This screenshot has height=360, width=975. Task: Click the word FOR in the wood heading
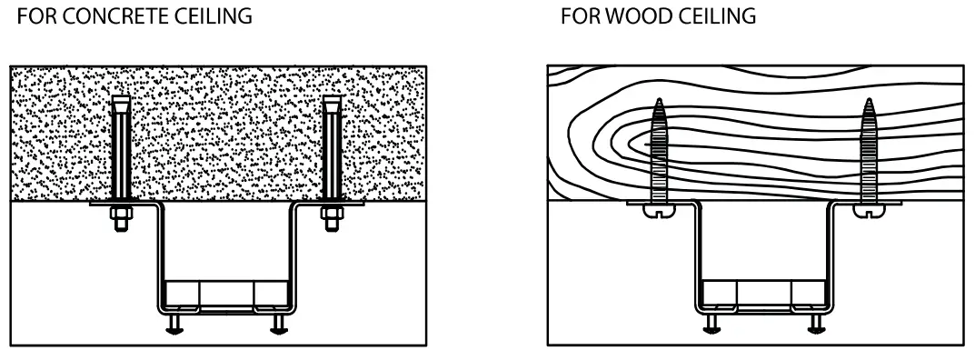pos(575,17)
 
